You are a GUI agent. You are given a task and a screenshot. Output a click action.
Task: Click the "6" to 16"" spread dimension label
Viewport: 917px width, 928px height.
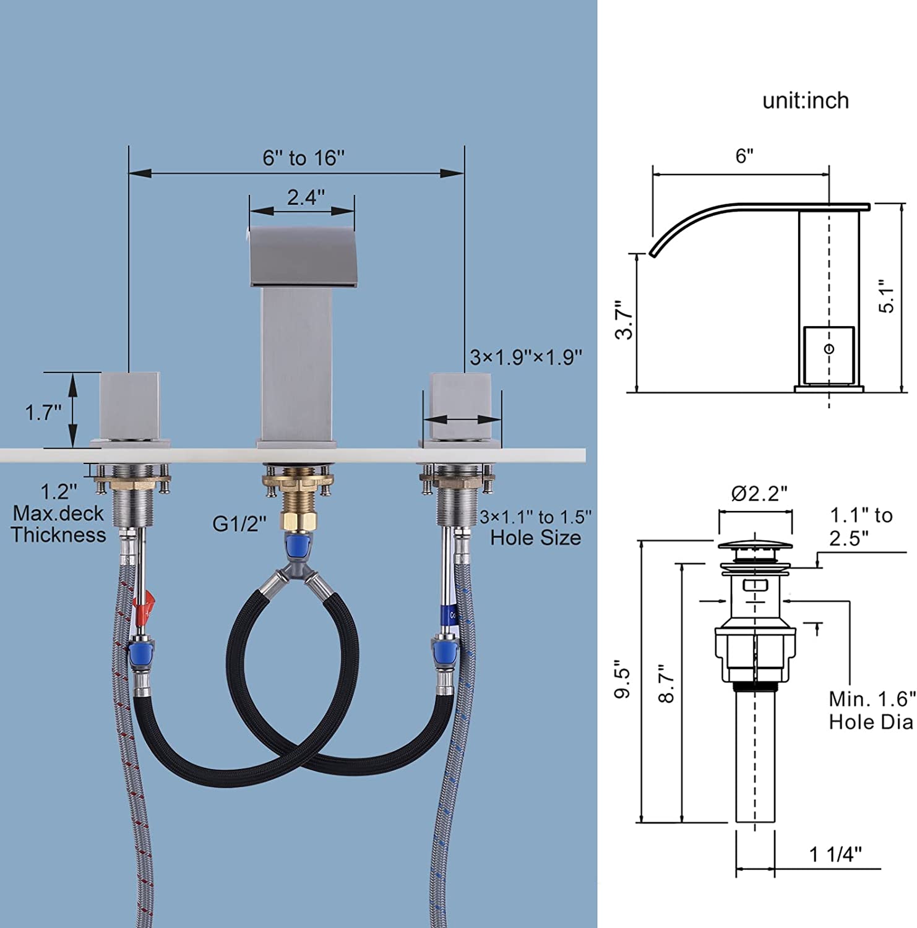303,158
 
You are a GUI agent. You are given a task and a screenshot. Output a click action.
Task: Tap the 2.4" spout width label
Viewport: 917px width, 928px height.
306,197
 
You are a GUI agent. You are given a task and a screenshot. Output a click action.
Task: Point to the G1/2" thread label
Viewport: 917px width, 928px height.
239,523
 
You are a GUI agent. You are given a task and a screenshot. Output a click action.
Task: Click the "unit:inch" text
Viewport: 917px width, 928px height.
806,101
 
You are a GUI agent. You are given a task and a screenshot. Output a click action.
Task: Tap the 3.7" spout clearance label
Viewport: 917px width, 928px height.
624,319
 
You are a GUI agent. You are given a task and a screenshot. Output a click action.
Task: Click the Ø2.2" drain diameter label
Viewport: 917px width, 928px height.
759,493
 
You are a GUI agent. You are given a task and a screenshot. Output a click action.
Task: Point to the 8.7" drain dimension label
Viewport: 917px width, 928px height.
666,684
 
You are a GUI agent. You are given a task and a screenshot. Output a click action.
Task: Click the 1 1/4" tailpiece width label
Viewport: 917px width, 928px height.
835,854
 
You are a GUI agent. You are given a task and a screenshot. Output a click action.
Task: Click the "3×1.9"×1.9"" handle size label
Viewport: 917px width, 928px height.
526,357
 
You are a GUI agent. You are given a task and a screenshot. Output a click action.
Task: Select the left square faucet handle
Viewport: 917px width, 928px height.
130,405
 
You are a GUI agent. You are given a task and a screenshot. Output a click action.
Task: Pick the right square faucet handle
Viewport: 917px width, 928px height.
461,406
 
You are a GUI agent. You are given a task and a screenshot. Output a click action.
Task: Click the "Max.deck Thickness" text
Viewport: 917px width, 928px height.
59,523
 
